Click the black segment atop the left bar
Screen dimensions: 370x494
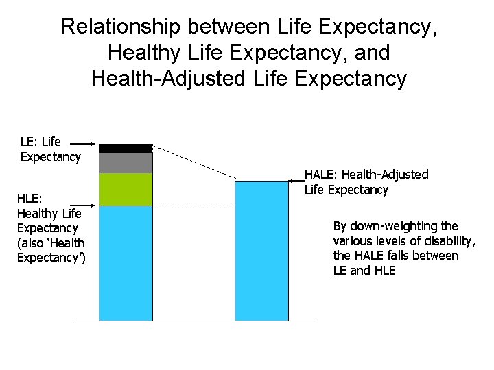coord(126,148)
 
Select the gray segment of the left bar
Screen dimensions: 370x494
coord(126,162)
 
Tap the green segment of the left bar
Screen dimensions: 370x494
coord(126,189)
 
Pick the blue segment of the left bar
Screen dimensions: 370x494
coord(126,263)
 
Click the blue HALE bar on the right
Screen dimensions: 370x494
coord(261,251)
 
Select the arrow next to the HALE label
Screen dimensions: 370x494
coord(296,180)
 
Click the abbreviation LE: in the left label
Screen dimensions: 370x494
coord(30,142)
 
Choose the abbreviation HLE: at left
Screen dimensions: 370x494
coord(30,199)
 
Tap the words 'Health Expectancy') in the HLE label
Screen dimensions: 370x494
coord(51,250)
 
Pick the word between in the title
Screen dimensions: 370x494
coord(228,27)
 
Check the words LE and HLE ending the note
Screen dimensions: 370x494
coord(364,271)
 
